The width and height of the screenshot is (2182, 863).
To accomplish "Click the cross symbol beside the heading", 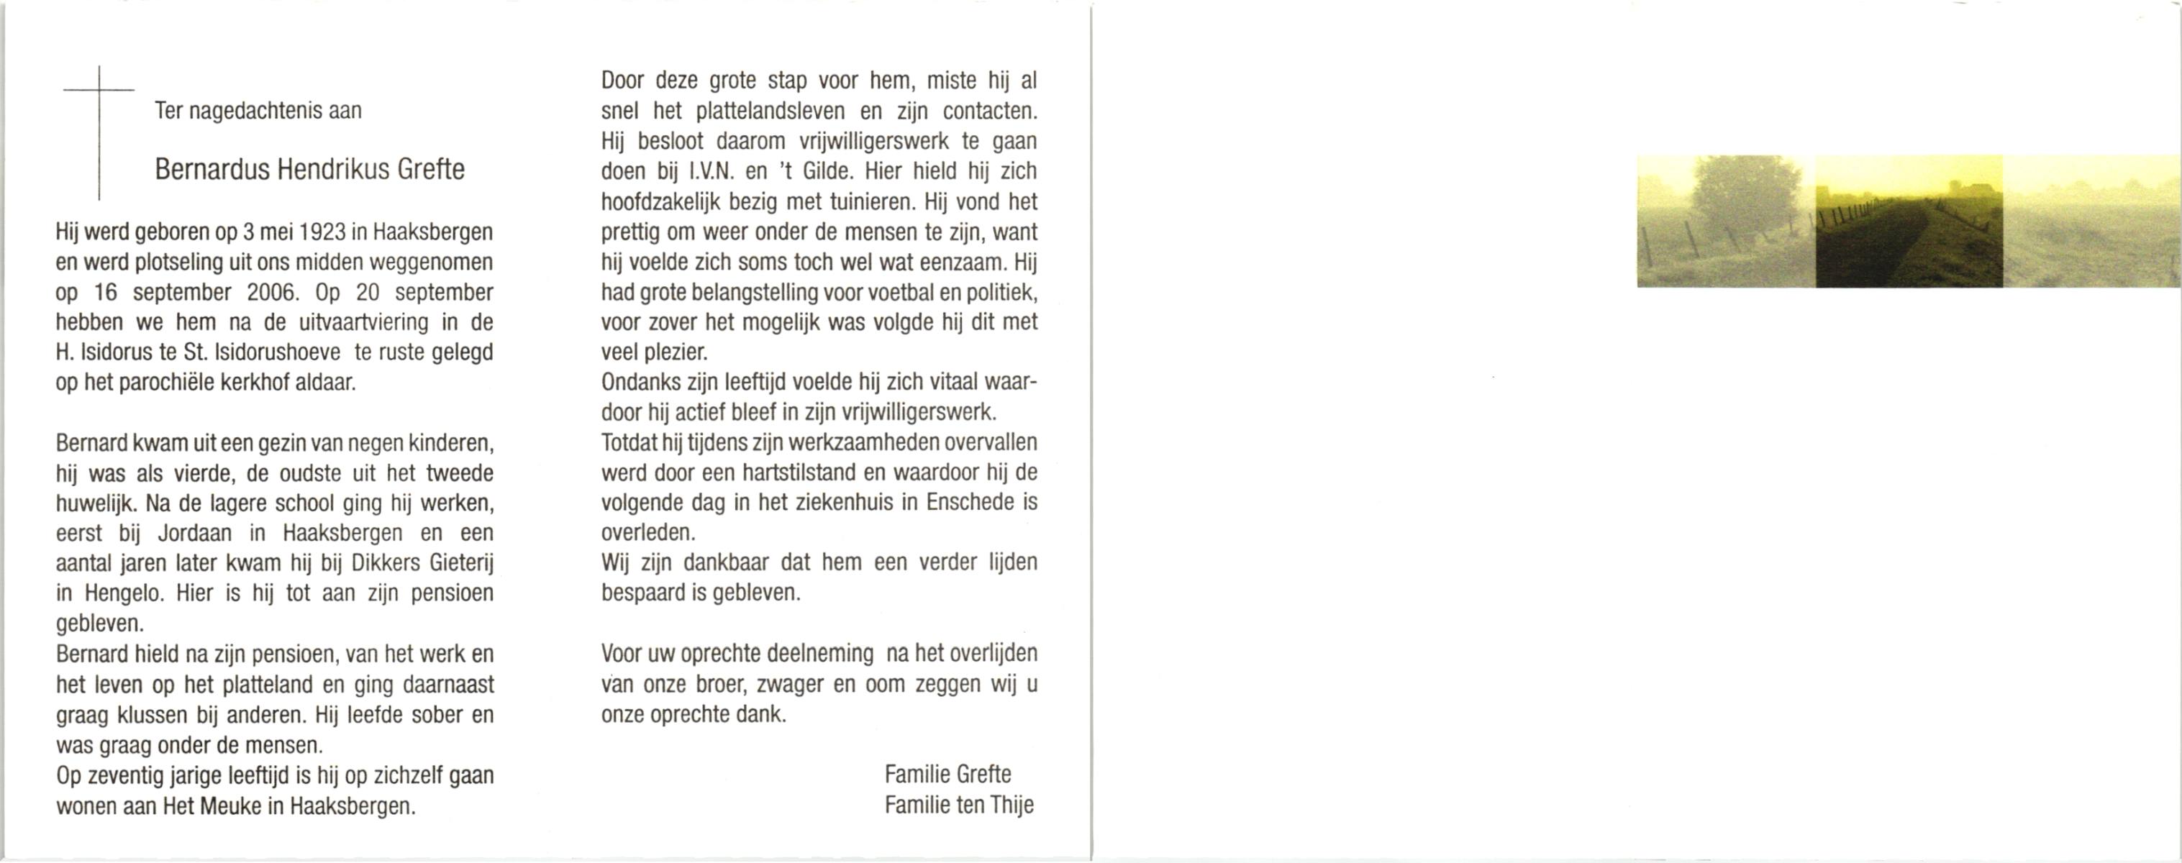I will coord(99,132).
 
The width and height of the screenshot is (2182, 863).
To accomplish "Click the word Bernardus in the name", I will coord(212,170).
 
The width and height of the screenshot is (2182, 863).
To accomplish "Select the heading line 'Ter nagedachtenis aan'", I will coord(258,111).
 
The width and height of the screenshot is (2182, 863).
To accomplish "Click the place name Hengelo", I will coord(123,593).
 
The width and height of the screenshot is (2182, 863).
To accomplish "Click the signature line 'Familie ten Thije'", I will coord(959,805).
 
